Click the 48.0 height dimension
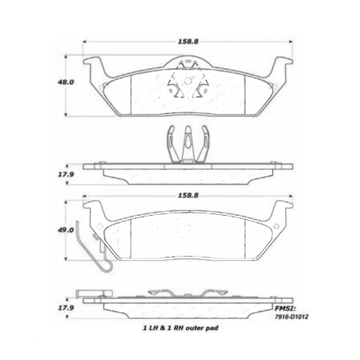[66, 82]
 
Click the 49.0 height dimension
[66, 230]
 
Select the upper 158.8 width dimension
[188, 42]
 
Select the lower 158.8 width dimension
[188, 195]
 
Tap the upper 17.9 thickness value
[66, 174]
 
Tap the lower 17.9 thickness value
[66, 308]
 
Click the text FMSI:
[285, 308]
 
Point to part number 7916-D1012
[292, 317]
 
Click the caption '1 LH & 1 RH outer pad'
[181, 328]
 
